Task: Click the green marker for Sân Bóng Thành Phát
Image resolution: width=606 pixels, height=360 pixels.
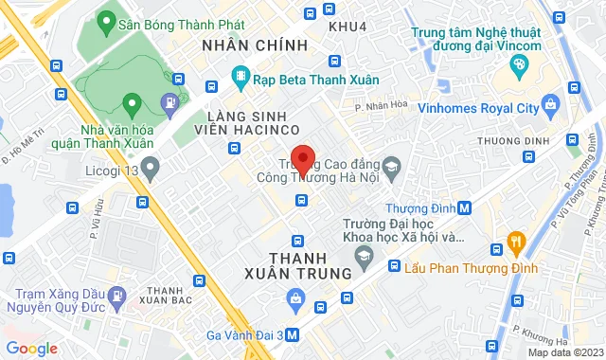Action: [107, 20]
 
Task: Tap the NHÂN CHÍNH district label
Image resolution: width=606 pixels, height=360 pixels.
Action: [255, 45]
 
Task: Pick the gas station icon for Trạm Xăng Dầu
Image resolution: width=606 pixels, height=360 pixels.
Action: [116, 296]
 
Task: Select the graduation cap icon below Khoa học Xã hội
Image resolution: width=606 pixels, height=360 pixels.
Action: [363, 256]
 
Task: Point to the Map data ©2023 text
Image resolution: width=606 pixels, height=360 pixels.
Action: [563, 352]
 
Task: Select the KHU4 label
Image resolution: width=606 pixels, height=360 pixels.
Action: [347, 26]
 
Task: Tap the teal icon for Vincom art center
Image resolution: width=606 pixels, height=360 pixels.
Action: [518, 66]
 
